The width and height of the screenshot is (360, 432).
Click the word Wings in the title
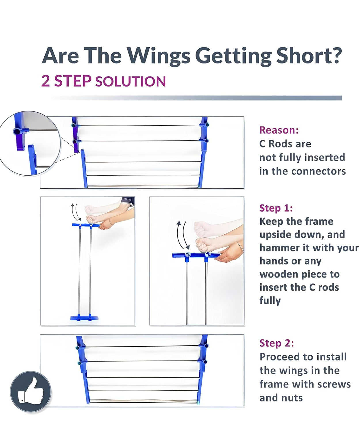tap(158, 56)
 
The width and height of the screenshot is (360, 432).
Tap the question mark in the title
tap(335, 56)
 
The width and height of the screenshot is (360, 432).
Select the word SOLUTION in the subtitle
tap(130, 81)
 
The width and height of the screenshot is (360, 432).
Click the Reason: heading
tap(279, 130)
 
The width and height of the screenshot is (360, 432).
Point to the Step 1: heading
tap(276, 208)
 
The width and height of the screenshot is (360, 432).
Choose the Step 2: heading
tap(276, 343)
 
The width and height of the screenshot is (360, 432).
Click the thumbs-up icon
tap(31, 392)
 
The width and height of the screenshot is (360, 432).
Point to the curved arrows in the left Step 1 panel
tap(75, 212)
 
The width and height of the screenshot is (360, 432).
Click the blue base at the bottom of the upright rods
tap(84, 317)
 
